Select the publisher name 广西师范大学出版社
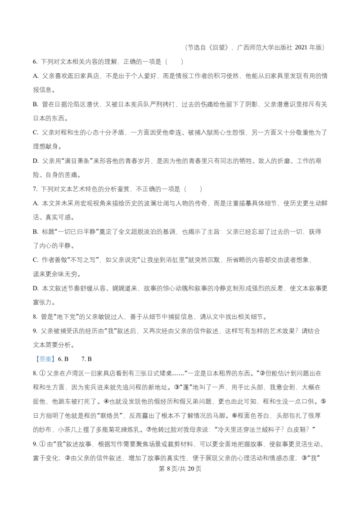click(265, 47)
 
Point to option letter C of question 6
click(36, 133)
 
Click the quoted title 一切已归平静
click(76, 232)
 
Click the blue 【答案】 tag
click(45, 359)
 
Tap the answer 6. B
click(63, 359)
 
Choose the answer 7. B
click(86, 359)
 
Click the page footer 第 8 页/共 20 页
click(180, 469)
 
